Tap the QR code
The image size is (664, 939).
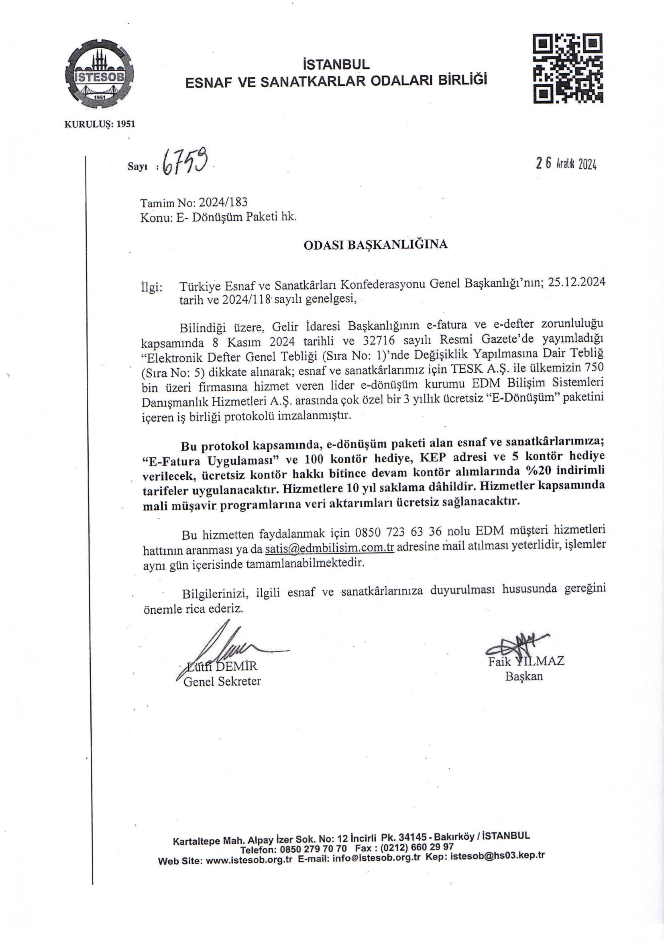click(568, 68)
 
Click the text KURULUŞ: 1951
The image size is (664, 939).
click(100, 125)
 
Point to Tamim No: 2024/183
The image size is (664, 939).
click(194, 202)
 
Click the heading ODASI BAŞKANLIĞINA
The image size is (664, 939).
click(375, 245)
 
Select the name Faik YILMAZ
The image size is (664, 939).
click(526, 661)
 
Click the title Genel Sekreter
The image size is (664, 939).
click(222, 681)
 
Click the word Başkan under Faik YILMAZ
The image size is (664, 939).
click(524, 676)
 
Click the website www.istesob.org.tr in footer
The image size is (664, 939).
click(249, 859)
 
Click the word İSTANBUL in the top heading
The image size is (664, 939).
click(336, 64)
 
